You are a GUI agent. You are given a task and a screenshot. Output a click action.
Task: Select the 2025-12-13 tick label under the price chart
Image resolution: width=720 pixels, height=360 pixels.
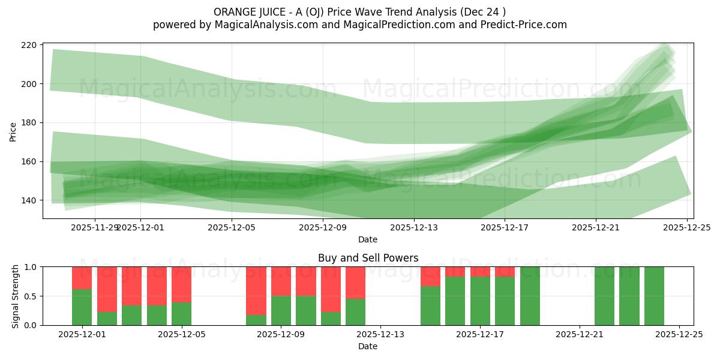click(x=413, y=227)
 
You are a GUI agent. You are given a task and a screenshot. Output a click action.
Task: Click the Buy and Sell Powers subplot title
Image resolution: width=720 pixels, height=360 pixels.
click(x=368, y=259)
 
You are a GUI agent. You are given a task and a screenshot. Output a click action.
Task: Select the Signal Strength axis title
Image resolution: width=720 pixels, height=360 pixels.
click(x=16, y=296)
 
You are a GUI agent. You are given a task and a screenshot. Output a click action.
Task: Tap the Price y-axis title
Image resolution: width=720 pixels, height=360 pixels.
click(x=13, y=131)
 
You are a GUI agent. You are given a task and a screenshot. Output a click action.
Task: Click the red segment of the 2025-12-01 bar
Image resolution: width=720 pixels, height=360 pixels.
click(x=82, y=278)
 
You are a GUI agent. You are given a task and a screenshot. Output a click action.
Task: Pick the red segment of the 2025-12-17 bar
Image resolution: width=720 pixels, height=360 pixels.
click(x=480, y=271)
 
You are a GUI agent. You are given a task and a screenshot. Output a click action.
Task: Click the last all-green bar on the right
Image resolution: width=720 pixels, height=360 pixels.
click(x=654, y=296)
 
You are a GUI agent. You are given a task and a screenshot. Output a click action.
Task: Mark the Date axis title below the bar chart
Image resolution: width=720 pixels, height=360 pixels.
click(x=368, y=346)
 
